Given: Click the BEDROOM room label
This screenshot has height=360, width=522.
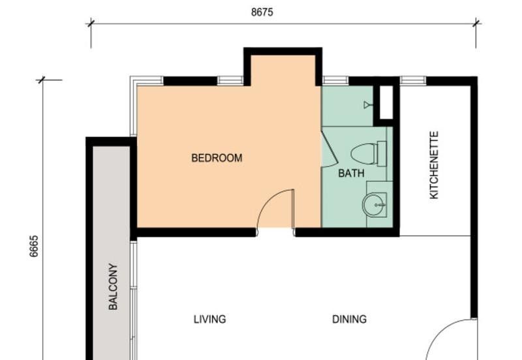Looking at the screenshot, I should tap(217, 158).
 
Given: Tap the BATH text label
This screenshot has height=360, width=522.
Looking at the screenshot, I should tap(351, 173).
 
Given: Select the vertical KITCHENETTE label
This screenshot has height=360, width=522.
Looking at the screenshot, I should tap(435, 165).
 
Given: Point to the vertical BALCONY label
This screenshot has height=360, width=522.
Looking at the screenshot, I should tap(113, 286).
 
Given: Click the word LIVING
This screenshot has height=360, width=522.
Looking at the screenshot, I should tap(209, 319).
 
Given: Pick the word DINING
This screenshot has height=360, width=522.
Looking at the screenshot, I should tap(349, 319).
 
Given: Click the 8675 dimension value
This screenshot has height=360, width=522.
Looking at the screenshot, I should tap(262, 12).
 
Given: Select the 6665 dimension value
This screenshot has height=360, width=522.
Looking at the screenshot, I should tap(34, 247).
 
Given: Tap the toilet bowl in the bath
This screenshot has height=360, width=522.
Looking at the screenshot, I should tap(365, 154).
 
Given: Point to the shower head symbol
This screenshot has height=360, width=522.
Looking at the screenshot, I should tap(368, 104).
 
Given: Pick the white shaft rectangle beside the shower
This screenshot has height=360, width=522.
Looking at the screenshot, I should tap(386, 102).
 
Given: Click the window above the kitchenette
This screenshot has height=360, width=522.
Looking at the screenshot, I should tap(412, 81).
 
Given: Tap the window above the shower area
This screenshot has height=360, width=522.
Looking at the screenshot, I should tap(335, 81).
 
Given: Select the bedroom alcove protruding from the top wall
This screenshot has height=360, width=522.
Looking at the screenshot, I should tap(283, 69).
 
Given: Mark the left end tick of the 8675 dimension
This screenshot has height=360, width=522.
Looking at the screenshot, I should tap(91, 23).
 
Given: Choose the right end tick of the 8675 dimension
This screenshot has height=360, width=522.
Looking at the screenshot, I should tap(476, 23).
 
